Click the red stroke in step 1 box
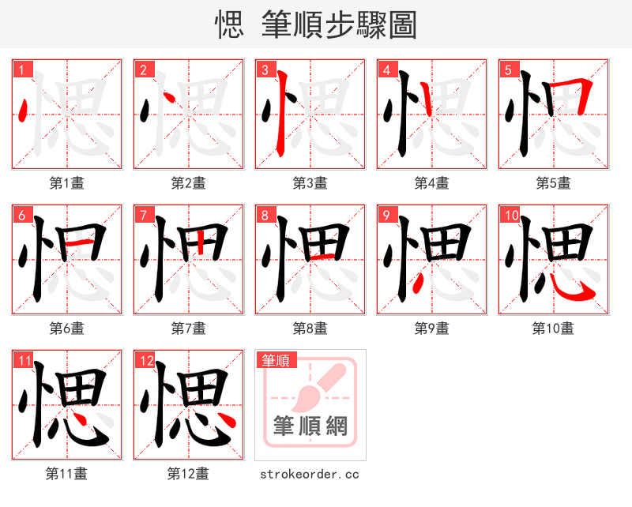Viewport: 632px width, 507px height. point(23,111)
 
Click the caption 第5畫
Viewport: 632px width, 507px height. point(553,183)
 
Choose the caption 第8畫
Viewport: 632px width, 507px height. point(310,328)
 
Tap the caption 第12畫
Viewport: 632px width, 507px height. point(188,474)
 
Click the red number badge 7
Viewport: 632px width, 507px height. point(143,215)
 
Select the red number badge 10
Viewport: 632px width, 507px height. point(511,215)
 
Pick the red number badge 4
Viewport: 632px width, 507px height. point(386,69)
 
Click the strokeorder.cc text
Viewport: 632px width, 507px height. point(310,474)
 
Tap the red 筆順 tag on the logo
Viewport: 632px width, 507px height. point(276,360)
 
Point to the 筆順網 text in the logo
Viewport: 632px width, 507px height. point(310,426)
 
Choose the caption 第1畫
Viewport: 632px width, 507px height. point(66,183)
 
